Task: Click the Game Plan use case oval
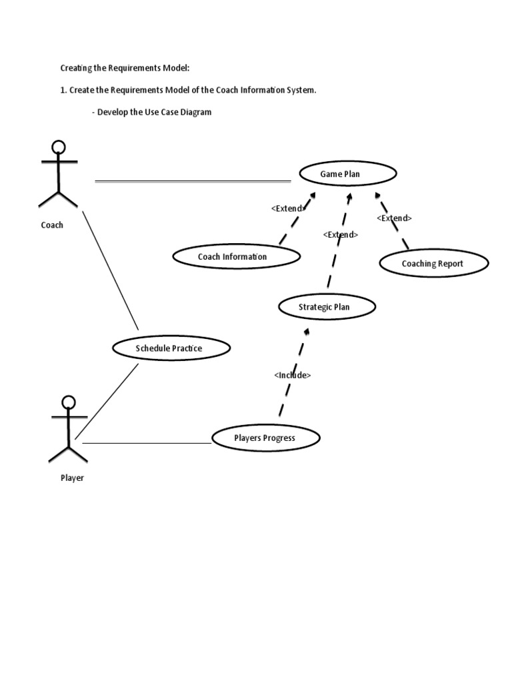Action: [348, 174]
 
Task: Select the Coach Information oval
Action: [236, 256]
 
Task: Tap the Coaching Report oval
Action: [434, 263]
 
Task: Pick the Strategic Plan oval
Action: [327, 307]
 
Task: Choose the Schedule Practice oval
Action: [171, 348]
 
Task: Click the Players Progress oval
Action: [265, 438]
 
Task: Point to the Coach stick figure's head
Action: [59, 147]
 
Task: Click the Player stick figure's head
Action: [69, 403]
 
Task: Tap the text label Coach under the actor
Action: [52, 225]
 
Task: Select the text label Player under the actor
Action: [72, 478]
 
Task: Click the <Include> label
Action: [292, 375]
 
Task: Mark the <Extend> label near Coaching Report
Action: [394, 218]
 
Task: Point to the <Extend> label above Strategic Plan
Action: [340, 234]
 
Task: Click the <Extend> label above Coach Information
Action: [288, 208]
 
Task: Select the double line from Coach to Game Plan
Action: [193, 180]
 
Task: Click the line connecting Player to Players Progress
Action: [147, 443]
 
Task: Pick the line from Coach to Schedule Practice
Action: [110, 270]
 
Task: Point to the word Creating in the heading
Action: [77, 68]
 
